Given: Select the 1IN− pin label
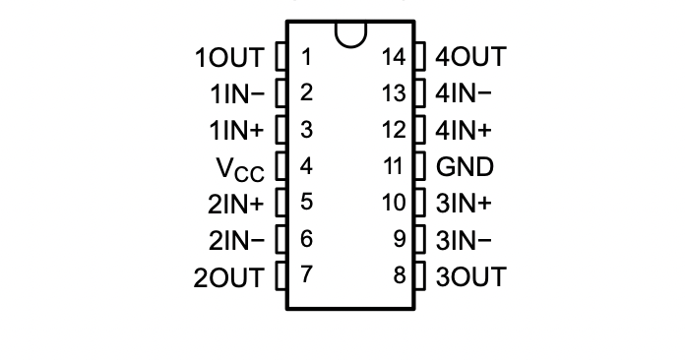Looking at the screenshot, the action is [x=237, y=94].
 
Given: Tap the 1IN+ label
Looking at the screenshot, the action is [x=237, y=131].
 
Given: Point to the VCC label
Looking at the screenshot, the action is [x=240, y=169].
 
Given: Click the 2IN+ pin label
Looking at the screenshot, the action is [x=237, y=204].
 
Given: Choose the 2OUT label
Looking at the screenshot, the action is [x=237, y=240].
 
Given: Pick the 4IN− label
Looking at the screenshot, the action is [x=463, y=94].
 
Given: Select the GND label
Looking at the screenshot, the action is [x=465, y=167].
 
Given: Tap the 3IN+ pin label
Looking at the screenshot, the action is [x=463, y=204].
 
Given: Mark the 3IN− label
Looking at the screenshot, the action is [x=463, y=240].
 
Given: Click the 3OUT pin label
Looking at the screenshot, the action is [x=469, y=276].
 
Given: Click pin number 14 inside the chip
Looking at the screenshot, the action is [x=394, y=57].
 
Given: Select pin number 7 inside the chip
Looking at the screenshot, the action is [x=306, y=275].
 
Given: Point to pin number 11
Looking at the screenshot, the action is [x=394, y=166].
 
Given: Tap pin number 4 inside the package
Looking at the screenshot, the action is [x=306, y=166].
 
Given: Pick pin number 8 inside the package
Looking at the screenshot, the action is [x=400, y=275].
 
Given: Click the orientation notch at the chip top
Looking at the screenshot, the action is [x=350, y=33].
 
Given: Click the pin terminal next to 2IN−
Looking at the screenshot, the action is [x=280, y=239].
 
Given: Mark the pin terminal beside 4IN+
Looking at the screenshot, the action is [x=420, y=130].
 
